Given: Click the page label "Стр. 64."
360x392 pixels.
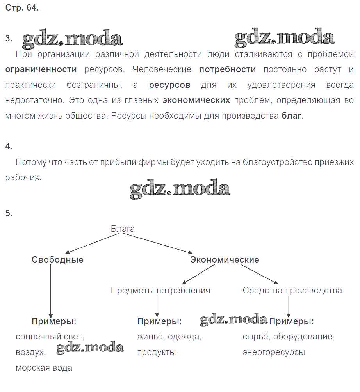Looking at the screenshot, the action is point(22,8).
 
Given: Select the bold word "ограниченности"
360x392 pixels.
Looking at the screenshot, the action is point(41,70).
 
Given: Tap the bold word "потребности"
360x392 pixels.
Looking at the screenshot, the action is point(227,70).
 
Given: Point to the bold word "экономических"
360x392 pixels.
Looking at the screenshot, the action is point(196,100).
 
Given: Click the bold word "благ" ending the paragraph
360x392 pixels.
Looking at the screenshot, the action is point(291,116).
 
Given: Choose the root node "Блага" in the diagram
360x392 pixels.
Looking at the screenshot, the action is point(123,229).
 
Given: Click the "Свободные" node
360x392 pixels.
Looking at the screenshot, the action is point(57,259).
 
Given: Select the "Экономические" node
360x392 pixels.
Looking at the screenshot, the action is point(225,259).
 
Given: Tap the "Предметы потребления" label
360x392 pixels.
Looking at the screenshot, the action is point(160,291).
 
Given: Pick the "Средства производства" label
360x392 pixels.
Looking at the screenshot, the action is point(292,291).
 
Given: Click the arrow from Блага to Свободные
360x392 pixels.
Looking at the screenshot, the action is point(92,243).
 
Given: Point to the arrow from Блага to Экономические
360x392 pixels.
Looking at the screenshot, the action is point(157,243).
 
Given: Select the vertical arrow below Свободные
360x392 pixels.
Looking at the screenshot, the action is point(51,291).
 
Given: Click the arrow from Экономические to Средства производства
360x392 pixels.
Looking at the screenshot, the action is point(259,274).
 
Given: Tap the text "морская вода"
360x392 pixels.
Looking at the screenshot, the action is point(44,368).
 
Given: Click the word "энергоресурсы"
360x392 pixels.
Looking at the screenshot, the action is point(274,353).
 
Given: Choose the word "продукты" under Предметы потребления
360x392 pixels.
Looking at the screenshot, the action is point(156,353).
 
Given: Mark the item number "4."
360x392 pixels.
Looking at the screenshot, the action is point(9,147).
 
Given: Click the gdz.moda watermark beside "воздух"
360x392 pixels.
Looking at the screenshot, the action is point(90,348).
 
